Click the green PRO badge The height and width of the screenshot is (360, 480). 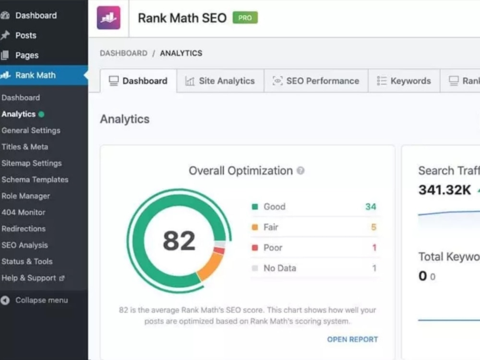click(x=245, y=18)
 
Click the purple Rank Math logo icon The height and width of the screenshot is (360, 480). click(x=108, y=18)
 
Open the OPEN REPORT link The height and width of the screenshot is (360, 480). click(x=352, y=339)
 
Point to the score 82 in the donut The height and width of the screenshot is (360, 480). click(x=179, y=240)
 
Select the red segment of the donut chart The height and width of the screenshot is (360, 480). click(x=219, y=251)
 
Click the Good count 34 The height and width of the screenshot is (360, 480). click(x=371, y=206)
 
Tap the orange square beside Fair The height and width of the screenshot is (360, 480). click(x=255, y=227)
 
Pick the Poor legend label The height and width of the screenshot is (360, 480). click(x=273, y=248)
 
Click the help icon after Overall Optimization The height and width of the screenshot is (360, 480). click(x=300, y=170)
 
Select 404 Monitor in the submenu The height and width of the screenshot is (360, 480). click(x=23, y=212)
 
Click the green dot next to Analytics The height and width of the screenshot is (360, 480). click(x=41, y=114)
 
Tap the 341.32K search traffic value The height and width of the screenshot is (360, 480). click(x=444, y=190)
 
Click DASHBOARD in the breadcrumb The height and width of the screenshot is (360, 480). click(x=124, y=53)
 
